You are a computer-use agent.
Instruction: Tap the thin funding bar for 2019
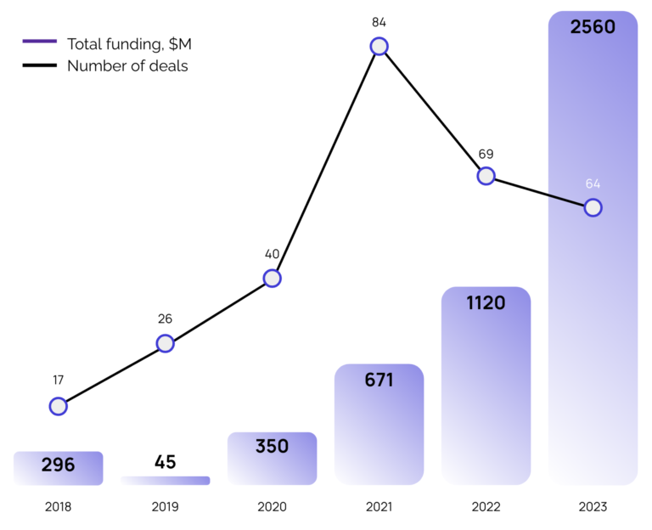click(166, 481)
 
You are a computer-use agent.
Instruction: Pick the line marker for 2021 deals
click(379, 46)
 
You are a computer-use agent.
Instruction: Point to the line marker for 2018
click(58, 406)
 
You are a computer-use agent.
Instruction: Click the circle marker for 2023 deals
click(593, 207)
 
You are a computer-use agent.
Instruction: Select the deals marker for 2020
click(272, 278)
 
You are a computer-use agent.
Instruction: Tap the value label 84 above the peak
click(379, 21)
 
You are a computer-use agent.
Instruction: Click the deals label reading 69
click(486, 154)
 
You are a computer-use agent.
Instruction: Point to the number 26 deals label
click(165, 319)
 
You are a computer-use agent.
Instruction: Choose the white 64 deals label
click(593, 183)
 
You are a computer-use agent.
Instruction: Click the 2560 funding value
click(593, 27)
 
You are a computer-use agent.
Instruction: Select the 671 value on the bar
click(379, 380)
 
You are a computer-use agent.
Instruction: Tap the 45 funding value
click(166, 463)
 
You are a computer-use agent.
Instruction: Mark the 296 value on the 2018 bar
click(58, 465)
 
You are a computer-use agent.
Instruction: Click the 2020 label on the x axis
click(272, 507)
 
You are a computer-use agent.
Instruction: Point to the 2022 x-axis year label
click(486, 507)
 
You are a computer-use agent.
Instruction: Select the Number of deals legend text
click(127, 65)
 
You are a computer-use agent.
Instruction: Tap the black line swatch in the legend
click(39, 65)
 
